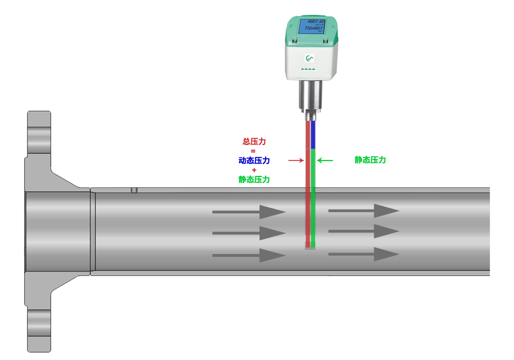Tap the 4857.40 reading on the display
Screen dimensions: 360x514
tap(315, 21)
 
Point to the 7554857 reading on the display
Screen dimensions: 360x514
tap(314, 29)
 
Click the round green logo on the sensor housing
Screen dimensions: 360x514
tap(309, 59)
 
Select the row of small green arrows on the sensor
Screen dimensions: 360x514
tap(308, 69)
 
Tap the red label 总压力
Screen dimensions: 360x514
tap(254, 141)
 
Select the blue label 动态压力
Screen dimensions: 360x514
tap(254, 160)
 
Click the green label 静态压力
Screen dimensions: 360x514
tap(254, 179)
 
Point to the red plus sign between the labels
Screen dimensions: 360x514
tap(254, 170)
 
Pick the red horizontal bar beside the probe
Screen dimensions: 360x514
tap(296, 160)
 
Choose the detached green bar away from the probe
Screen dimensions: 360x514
tap(370, 159)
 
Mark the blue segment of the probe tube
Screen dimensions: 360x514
tap(313, 135)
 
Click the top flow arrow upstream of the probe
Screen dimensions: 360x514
tap(249, 211)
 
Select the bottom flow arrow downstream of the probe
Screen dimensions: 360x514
tap(364, 254)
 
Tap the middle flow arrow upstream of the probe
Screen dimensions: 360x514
tap(249, 233)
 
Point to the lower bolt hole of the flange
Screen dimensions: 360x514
tap(39, 325)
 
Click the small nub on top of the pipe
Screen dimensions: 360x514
tap(134, 189)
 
